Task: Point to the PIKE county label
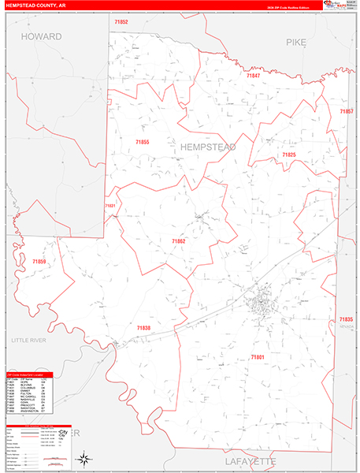pyautogui.click(x=295, y=42)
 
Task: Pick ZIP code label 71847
pyautogui.click(x=253, y=76)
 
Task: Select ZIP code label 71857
pyautogui.click(x=346, y=112)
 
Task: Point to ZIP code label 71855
pyautogui.click(x=143, y=142)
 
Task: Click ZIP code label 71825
pyautogui.click(x=288, y=155)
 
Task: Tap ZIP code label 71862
pyautogui.click(x=179, y=240)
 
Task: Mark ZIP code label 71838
pyautogui.click(x=143, y=327)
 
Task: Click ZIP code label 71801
pyautogui.click(x=258, y=357)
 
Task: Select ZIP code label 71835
pyautogui.click(x=347, y=318)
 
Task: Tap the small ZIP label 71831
pyautogui.click(x=109, y=207)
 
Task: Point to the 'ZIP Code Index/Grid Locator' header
pyautogui.click(x=27, y=374)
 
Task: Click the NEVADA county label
pyautogui.click(x=347, y=326)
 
